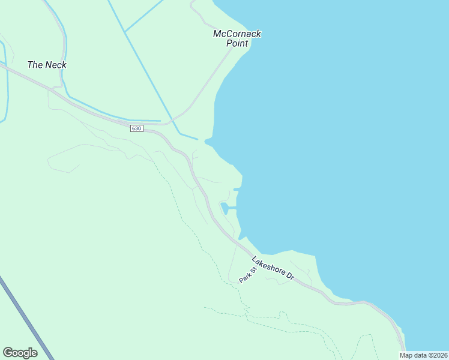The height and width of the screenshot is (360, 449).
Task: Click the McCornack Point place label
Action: [x=237, y=38]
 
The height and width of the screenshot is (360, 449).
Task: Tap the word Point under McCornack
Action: [x=237, y=43]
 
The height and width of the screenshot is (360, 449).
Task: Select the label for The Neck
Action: [x=47, y=65]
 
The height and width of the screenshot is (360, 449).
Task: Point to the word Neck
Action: [x=56, y=65]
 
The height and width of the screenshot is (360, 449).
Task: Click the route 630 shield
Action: [x=136, y=128]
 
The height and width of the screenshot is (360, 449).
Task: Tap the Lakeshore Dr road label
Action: [x=273, y=269]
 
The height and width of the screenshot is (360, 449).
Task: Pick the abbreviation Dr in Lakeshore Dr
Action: [x=289, y=277]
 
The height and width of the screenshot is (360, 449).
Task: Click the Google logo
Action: [x=20, y=353]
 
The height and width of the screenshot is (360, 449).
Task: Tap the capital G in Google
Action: [x=8, y=353]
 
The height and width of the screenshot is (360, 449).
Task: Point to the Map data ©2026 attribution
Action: [x=423, y=355]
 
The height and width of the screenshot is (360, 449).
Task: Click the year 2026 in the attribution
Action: [x=438, y=355]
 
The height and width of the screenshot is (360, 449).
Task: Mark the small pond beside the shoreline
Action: [x=224, y=208]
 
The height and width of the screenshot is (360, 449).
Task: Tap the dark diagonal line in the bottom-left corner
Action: [x=24, y=318]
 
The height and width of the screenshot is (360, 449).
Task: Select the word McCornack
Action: [x=237, y=34]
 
